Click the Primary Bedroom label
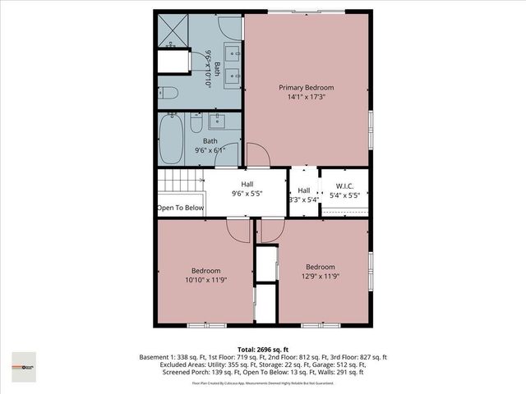306,88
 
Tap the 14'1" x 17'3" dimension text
306,98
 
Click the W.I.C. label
344,186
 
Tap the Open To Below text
180,208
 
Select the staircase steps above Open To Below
180,184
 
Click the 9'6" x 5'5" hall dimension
247,195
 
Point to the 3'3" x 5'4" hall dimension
304,199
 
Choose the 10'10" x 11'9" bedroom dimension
205,281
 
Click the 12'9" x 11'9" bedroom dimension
320,277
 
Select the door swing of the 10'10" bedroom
239,231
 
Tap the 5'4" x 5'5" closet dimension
344,195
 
